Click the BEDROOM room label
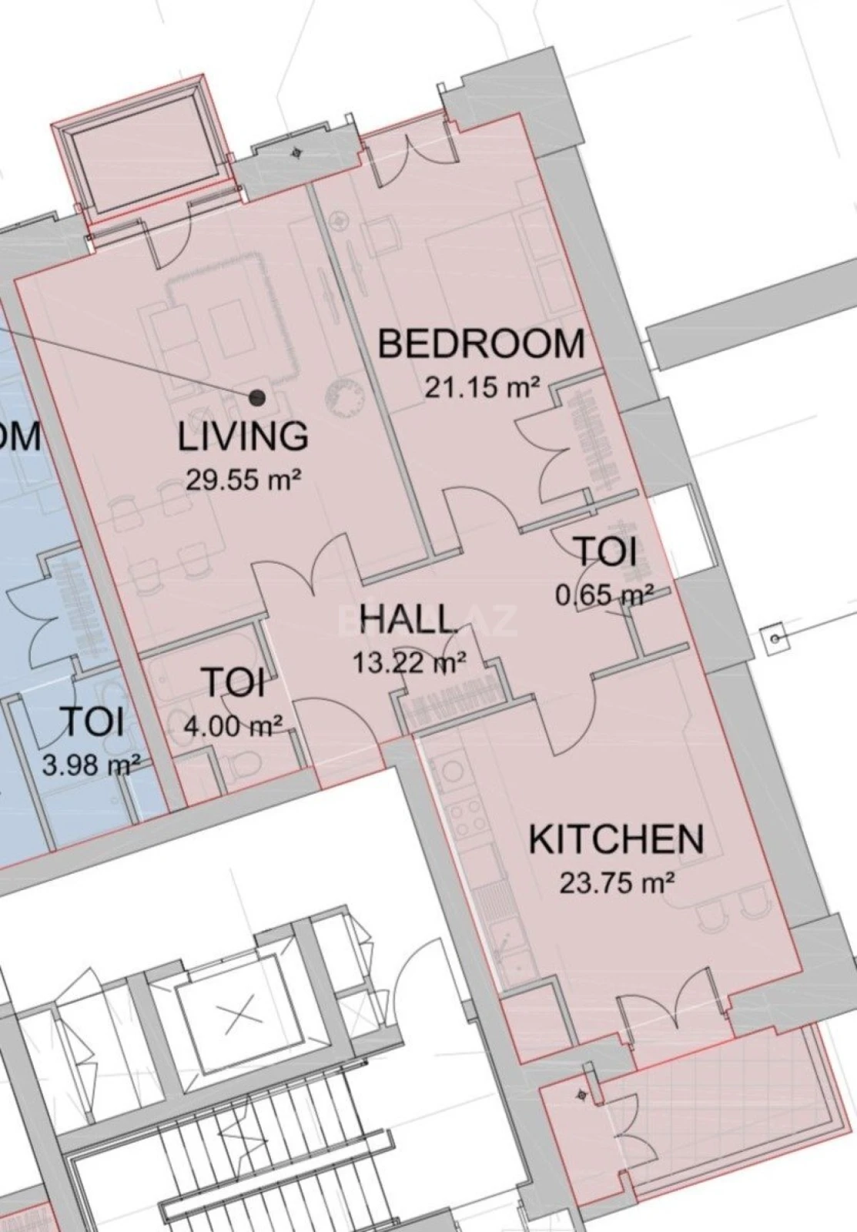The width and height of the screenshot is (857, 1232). (481, 343)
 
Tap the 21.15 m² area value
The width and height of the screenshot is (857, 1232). (482, 387)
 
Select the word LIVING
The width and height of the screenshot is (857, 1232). (243, 437)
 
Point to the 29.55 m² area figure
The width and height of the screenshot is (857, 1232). (243, 480)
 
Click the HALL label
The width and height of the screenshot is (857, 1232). (408, 619)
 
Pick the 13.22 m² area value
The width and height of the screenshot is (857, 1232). (409, 661)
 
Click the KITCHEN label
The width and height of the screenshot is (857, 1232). (616, 839)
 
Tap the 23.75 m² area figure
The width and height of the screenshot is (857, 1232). (617, 882)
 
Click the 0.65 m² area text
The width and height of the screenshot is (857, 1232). (605, 594)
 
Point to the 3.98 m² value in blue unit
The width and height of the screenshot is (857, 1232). (91, 765)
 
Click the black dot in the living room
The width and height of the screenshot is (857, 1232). (257, 397)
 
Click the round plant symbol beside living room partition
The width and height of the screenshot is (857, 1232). (344, 397)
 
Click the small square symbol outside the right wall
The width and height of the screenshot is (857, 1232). (773, 638)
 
